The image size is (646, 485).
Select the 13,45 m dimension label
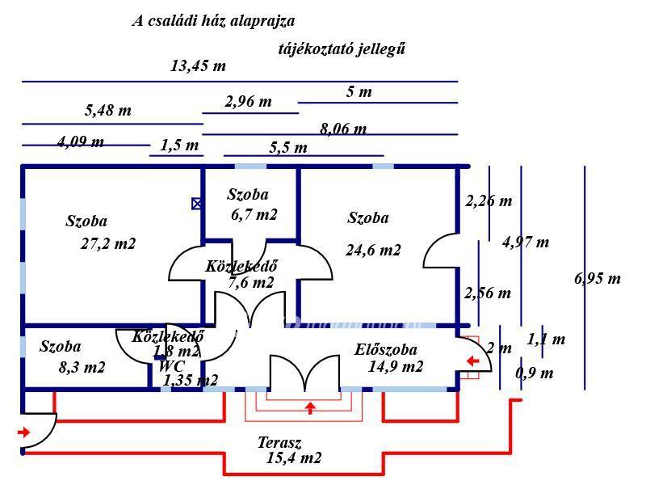[x=198, y=66]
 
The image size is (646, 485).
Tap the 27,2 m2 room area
[x=108, y=243]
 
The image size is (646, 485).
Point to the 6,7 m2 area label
[x=254, y=214]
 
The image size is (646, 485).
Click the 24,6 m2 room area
[x=373, y=251]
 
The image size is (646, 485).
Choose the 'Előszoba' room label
[x=386, y=350]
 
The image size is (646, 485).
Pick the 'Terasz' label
[x=279, y=443]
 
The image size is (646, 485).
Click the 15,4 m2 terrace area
[x=294, y=458]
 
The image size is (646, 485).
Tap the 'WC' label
[x=172, y=366]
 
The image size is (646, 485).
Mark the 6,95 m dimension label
[x=598, y=279]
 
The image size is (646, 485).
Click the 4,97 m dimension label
[x=526, y=242]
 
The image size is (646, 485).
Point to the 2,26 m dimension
[x=489, y=201]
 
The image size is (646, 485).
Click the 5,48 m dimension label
[x=107, y=111]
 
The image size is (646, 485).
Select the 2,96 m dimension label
[x=248, y=102]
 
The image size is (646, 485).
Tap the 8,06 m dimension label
[x=343, y=129]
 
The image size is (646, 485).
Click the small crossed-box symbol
[x=197, y=204]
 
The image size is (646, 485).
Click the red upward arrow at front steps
[x=310, y=407]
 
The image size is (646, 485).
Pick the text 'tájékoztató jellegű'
[x=342, y=48]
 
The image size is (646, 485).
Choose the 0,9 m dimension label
[x=535, y=373]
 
